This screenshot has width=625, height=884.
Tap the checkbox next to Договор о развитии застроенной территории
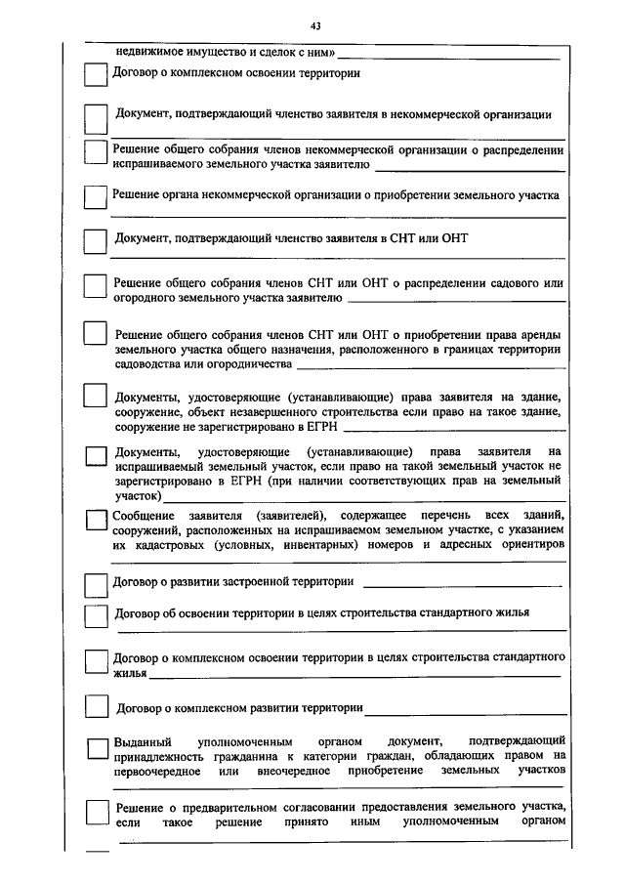pos(95,583)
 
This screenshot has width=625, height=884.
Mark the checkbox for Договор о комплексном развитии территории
pos(95,705)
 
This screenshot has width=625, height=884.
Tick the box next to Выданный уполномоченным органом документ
pos(96,747)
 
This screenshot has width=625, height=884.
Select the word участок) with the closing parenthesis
pos(138,495)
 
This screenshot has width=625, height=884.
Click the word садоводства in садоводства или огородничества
pos(148,363)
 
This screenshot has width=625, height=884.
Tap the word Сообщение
pos(145,515)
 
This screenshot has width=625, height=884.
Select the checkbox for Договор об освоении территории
pos(95,616)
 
